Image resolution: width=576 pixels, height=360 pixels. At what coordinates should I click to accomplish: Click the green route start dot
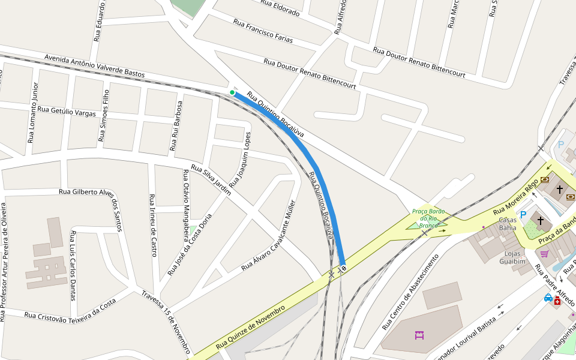(232, 92)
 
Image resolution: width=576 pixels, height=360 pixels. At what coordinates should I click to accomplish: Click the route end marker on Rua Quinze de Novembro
(343, 268)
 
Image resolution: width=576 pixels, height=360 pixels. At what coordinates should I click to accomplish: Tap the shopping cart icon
(544, 254)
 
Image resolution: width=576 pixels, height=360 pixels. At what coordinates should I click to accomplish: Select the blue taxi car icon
(548, 298)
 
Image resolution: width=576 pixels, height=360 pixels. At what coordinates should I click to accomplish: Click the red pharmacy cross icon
(557, 301)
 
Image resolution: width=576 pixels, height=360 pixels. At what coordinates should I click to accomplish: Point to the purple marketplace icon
(419, 334)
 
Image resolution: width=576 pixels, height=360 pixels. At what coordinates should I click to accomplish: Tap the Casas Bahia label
(508, 224)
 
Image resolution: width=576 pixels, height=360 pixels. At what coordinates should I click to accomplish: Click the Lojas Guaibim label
(512, 257)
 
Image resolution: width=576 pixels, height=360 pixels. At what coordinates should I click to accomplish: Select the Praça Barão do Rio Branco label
(428, 218)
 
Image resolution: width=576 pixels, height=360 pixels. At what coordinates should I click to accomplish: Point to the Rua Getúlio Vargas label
(67, 111)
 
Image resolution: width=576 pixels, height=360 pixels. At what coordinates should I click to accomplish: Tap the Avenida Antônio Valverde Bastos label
(94, 65)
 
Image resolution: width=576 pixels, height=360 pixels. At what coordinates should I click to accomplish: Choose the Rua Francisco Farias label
(263, 31)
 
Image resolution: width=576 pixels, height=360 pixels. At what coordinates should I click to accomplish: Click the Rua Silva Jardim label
(211, 179)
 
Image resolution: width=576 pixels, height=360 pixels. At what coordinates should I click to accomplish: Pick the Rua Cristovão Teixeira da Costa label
(70, 310)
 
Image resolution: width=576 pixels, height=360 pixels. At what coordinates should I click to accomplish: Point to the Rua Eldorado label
(280, 7)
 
